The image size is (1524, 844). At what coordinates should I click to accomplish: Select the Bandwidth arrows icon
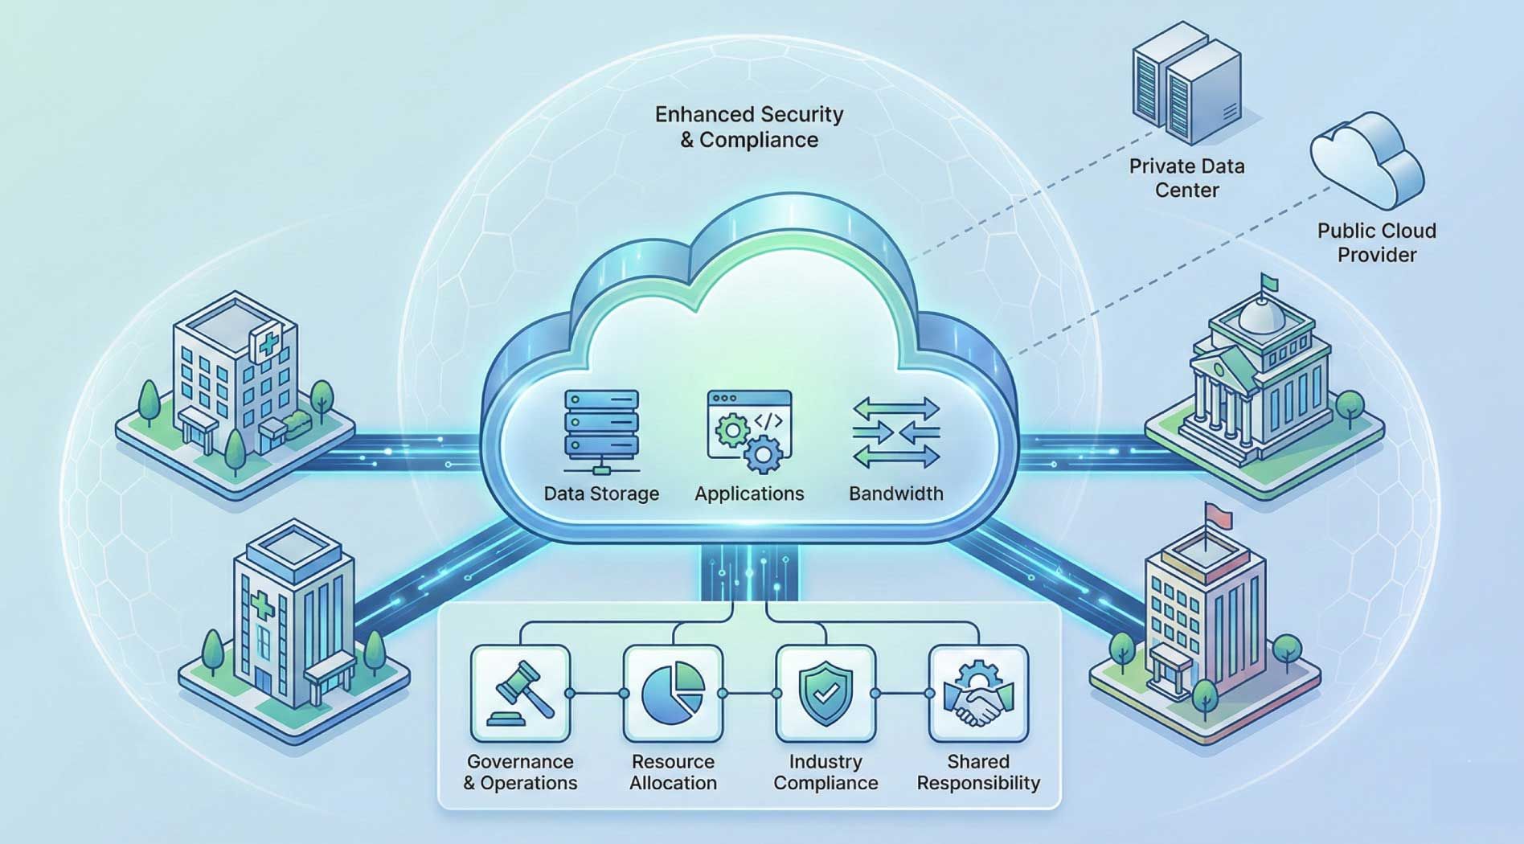point(896,432)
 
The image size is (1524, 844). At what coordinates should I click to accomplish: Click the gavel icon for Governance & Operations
point(521,693)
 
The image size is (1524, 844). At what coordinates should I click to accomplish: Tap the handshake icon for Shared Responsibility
point(978,693)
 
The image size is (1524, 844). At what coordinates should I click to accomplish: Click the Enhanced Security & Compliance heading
point(749,127)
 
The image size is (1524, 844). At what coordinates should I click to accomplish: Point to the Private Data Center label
point(1186,178)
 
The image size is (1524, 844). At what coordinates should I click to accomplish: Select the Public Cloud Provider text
point(1376,242)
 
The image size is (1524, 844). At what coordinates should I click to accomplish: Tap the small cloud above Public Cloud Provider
point(1366,160)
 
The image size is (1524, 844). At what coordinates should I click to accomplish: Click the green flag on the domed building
point(1269,281)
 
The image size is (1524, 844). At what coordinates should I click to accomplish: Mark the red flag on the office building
point(1219,515)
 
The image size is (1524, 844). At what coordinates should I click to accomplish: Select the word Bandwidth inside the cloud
point(896,494)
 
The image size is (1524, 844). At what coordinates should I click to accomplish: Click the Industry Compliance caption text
point(825,772)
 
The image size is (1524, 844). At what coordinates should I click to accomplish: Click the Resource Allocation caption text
point(674,772)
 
